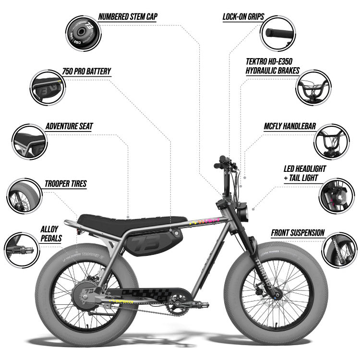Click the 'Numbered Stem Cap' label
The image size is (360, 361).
pos(128,16)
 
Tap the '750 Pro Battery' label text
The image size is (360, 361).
pos(86,72)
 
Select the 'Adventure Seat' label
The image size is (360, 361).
pos(69,126)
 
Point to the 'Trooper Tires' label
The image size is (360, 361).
pos(65,183)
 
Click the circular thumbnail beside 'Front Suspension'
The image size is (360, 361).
pos(339,249)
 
